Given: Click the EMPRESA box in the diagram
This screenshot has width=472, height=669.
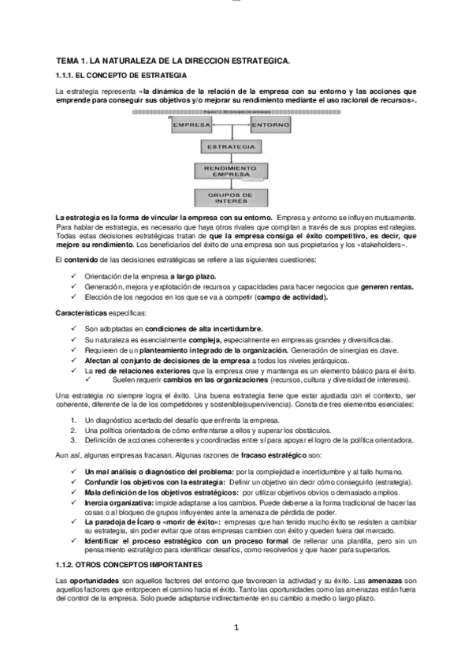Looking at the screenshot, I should (x=190, y=125).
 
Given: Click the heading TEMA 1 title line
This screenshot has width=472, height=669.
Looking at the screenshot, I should (x=173, y=60).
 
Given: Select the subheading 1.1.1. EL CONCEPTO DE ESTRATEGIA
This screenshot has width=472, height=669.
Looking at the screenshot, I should (x=121, y=75).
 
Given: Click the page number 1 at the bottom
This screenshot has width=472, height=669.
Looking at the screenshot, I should (x=236, y=628).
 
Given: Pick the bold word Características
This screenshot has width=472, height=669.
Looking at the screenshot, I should (x=82, y=313).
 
